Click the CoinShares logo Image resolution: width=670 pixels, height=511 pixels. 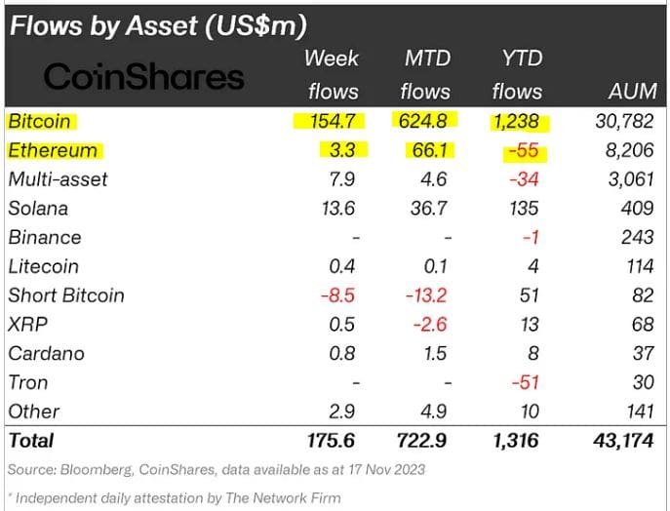(x=144, y=77)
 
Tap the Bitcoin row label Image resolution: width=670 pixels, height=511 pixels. (x=40, y=122)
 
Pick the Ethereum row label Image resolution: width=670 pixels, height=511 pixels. (x=53, y=151)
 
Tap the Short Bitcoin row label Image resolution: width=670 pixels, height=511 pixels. (x=66, y=295)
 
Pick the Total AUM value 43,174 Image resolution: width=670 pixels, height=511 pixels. (x=621, y=442)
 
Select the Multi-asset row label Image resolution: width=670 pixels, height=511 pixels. (x=58, y=179)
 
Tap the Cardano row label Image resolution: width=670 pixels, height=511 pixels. (x=46, y=353)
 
